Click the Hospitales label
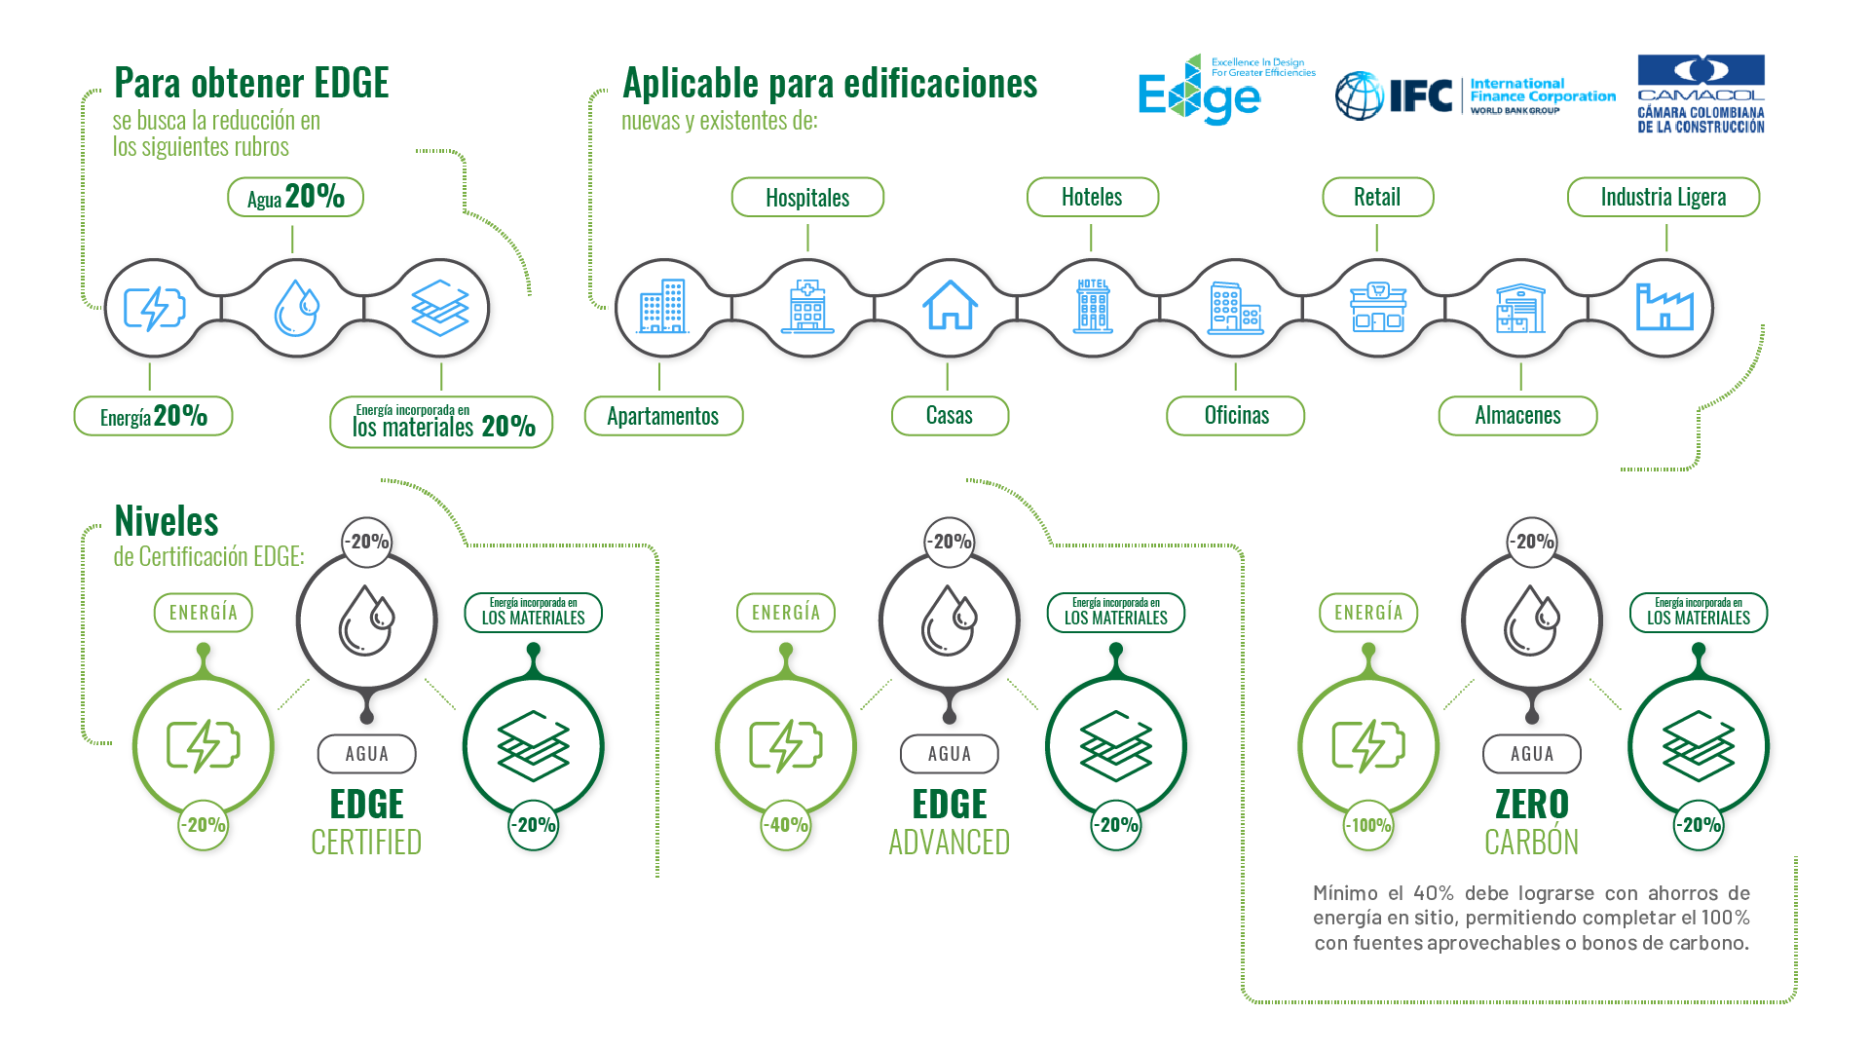[x=807, y=198]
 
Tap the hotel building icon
[x=1092, y=307]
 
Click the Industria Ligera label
[x=1663, y=198]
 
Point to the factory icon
[x=1664, y=307]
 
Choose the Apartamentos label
[x=662, y=416]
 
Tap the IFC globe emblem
[x=1359, y=95]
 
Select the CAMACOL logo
[x=1701, y=94]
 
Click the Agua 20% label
[x=295, y=198]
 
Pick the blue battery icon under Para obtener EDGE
[x=154, y=309]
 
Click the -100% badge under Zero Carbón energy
[x=1368, y=825]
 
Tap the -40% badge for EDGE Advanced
[x=786, y=825]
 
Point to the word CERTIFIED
[x=366, y=843]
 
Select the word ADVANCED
[x=949, y=843]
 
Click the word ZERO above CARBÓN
[x=1531, y=805]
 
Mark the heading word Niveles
[x=167, y=522]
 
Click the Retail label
[x=1376, y=198]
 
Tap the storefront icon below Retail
[x=1377, y=307]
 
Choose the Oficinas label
[x=1236, y=416]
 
